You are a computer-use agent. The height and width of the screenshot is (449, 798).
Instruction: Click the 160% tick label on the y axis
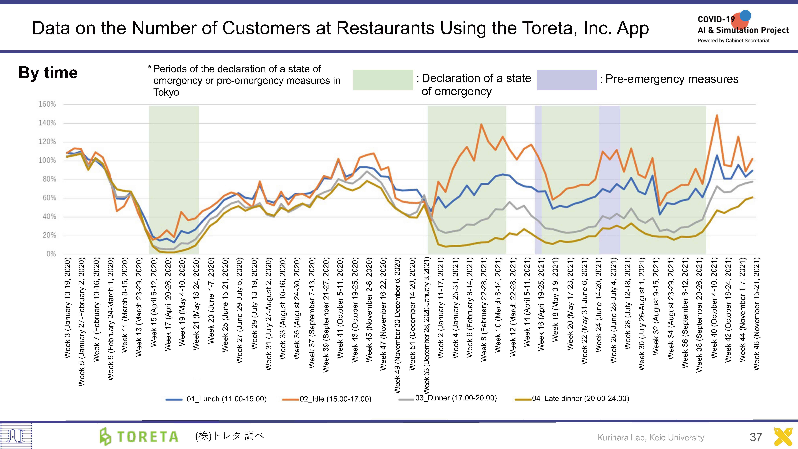tap(47, 104)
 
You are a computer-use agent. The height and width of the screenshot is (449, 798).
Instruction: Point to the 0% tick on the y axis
tap(51, 254)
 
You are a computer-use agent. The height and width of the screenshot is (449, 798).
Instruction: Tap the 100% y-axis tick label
tap(47, 160)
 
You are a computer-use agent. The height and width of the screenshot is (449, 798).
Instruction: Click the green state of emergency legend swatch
tap(383, 80)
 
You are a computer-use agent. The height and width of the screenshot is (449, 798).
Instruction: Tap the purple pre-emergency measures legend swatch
tap(567, 80)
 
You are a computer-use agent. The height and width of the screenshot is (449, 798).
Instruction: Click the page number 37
tap(756, 437)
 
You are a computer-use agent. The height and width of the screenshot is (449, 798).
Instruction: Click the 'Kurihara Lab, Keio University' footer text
tap(651, 438)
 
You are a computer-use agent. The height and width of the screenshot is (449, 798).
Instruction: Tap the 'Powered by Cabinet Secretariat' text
tap(733, 41)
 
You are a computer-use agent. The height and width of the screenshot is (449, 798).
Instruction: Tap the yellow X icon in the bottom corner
tap(783, 437)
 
